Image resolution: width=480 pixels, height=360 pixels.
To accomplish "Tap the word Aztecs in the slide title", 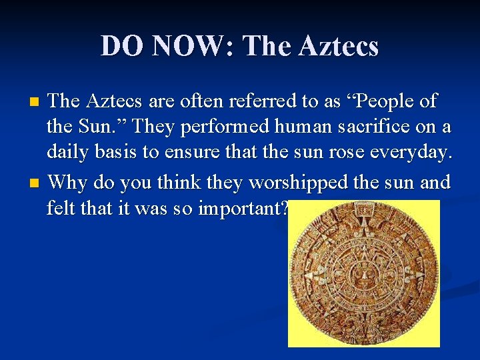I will [339, 47].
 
